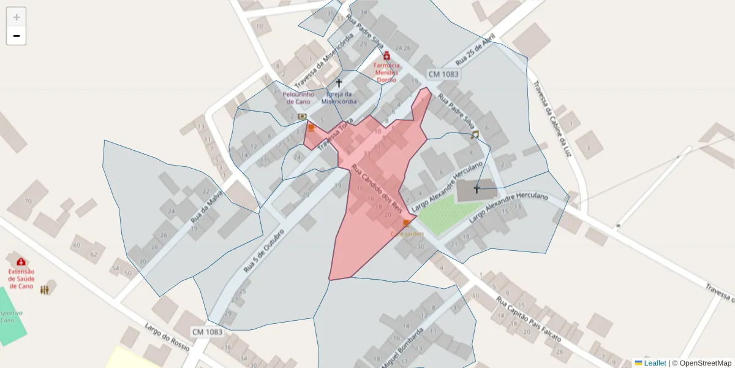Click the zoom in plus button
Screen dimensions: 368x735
pyautogui.click(x=17, y=17)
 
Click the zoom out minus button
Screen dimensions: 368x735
pyautogui.click(x=17, y=36)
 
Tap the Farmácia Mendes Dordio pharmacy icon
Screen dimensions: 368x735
pyautogui.click(x=386, y=56)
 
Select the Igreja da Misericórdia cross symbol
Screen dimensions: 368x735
pyautogui.click(x=339, y=82)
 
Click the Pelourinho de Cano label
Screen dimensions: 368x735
pyautogui.click(x=298, y=98)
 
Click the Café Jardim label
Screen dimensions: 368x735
pyautogui.click(x=407, y=234)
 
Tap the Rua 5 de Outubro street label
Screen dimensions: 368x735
pyautogui.click(x=265, y=251)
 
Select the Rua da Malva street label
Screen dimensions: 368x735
pyautogui.click(x=206, y=207)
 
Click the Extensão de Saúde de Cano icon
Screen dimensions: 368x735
pyautogui.click(x=21, y=262)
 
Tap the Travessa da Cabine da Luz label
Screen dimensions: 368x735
pyautogui.click(x=552, y=119)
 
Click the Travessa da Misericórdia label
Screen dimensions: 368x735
pyautogui.click(x=324, y=60)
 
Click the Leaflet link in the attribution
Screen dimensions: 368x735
pyautogui.click(x=654, y=363)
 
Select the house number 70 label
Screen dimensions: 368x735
pyautogui.click(x=28, y=201)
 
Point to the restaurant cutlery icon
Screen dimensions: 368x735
pyautogui.click(x=45, y=289)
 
